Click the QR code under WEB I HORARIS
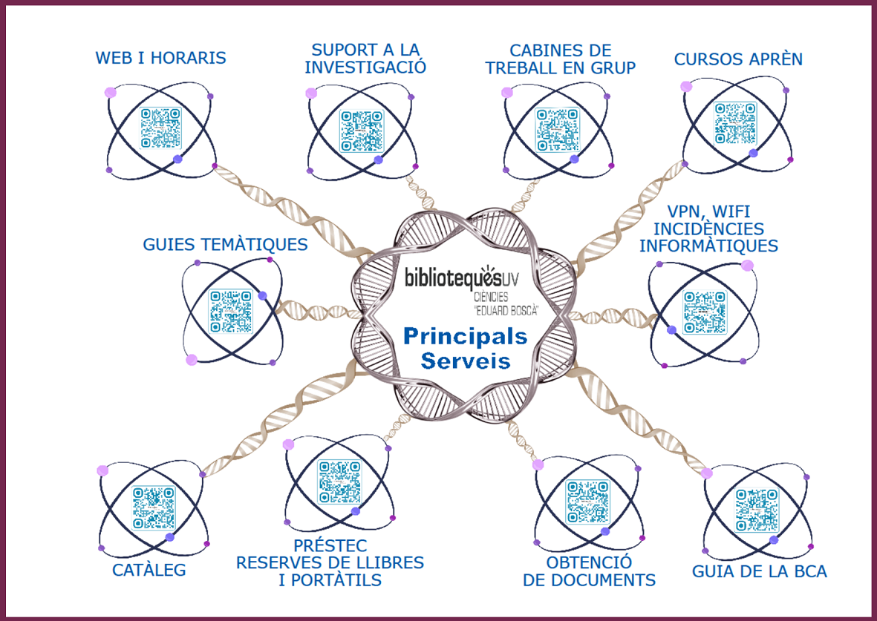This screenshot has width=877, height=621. click(x=160, y=128)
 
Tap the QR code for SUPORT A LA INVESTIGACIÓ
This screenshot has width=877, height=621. click(x=362, y=131)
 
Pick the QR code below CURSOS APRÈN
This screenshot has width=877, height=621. click(x=736, y=122)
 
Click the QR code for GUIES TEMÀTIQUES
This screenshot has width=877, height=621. click(x=231, y=311)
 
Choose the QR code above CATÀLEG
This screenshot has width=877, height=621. click(x=154, y=507)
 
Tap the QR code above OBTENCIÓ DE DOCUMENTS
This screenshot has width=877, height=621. click(x=587, y=502)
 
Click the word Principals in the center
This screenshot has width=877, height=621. click(x=465, y=336)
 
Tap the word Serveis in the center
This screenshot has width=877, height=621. click(x=466, y=361)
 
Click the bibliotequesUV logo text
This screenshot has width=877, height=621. click(x=460, y=277)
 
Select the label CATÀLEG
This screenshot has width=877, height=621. click(x=149, y=571)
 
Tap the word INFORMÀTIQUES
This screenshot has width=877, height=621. click(x=708, y=246)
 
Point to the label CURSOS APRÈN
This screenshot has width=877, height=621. click(x=738, y=59)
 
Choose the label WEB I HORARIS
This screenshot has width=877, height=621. click(x=160, y=58)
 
